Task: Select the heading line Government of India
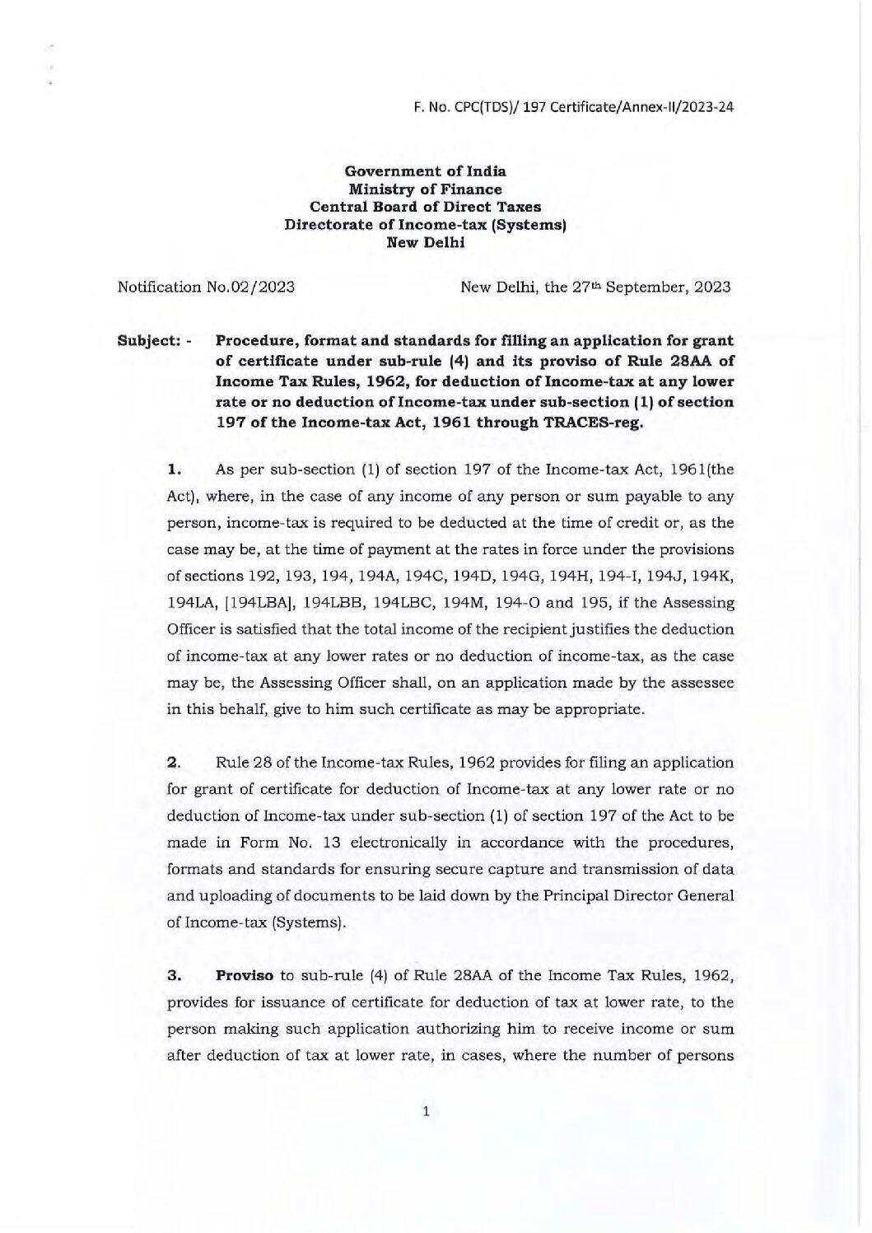point(425,171)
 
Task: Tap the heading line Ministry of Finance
point(425,189)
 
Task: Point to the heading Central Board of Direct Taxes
point(425,207)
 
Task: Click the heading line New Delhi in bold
point(425,242)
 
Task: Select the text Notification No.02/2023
point(207,287)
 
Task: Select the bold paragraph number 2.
point(173,763)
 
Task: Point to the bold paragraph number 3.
point(173,976)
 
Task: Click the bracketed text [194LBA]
point(260,603)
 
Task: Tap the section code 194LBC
point(408,603)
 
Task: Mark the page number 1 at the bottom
point(426,1112)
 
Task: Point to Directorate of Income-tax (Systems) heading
point(425,225)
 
